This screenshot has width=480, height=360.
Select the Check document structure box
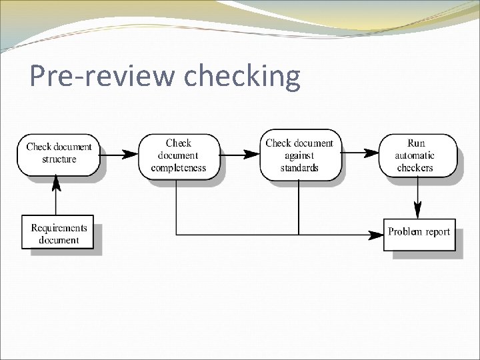[59, 154]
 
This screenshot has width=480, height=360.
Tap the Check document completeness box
[178, 155]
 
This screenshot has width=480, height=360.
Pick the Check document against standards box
[299, 155]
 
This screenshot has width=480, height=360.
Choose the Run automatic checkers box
[419, 155]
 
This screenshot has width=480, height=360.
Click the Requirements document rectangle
[59, 233]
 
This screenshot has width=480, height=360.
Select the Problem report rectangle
[419, 233]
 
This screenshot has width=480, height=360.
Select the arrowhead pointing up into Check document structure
[57, 181]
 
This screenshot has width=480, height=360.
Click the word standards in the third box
[299, 167]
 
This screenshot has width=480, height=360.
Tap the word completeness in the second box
[178, 167]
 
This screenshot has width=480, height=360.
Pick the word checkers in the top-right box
[415, 167]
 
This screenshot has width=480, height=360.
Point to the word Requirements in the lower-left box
[59, 227]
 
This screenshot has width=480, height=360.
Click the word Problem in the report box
[405, 233]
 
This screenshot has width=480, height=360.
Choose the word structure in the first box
[59, 159]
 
